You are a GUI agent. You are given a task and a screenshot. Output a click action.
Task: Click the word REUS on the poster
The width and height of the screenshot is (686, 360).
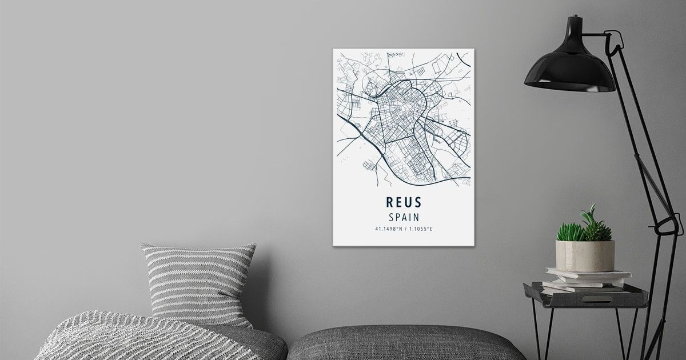pos(404,202)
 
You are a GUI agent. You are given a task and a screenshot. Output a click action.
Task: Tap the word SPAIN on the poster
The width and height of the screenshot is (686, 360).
pos(404,217)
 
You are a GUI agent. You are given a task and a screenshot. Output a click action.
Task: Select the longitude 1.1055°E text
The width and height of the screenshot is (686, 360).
pos(421,229)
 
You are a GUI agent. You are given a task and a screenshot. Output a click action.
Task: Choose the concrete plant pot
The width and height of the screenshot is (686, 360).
pos(585,255)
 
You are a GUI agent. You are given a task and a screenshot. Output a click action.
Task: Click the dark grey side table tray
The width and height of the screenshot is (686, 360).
pos(586,297)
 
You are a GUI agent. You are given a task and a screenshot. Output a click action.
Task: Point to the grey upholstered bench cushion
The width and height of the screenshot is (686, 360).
pos(406,343)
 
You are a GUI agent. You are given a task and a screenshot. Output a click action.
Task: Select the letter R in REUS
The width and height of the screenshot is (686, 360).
pos(390,202)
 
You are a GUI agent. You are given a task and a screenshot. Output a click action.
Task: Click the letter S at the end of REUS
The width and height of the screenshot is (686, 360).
pos(417,202)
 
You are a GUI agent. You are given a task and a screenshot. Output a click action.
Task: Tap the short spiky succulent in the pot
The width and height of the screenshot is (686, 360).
pos(571,232)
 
